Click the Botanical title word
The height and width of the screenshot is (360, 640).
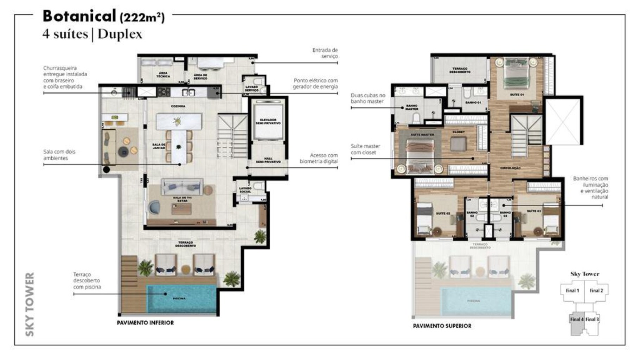tap(79, 16)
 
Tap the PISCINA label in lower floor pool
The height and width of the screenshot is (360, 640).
tap(179, 298)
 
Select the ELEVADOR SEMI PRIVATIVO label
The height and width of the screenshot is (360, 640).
tap(268, 122)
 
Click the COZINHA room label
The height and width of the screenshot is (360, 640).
tap(178, 106)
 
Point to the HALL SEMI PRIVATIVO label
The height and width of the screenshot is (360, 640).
tap(268, 160)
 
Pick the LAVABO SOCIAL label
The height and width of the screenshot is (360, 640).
tap(245, 190)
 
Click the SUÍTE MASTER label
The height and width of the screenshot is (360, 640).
tap(422, 135)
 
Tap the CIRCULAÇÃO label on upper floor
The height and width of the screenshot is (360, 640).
tap(510, 168)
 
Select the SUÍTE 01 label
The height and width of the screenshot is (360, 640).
tap(517, 95)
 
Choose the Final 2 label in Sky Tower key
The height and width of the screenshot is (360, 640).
tap(596, 291)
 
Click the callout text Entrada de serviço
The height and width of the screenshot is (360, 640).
tap(325, 53)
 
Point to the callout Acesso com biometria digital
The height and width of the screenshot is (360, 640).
tap(319, 158)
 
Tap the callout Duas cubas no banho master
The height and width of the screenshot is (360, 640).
tap(368, 98)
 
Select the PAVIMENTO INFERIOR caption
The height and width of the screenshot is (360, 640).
tap(145, 323)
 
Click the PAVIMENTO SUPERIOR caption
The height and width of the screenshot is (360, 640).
tap(442, 326)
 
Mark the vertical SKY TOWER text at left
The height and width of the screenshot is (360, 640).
tap(30, 304)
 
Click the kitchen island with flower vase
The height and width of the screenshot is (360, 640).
tap(179, 121)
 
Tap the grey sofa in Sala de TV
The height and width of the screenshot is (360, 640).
tap(182, 187)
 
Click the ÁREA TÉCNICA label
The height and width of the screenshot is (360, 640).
tap(163, 75)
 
